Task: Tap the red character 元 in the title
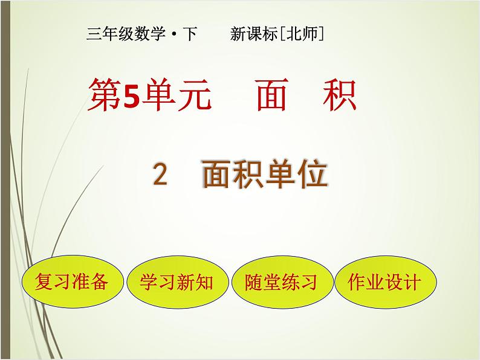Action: click(195, 97)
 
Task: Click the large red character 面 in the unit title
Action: click(271, 97)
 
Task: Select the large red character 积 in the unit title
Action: click(340, 97)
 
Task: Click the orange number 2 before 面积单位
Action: click(160, 175)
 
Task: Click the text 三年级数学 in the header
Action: click(126, 35)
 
